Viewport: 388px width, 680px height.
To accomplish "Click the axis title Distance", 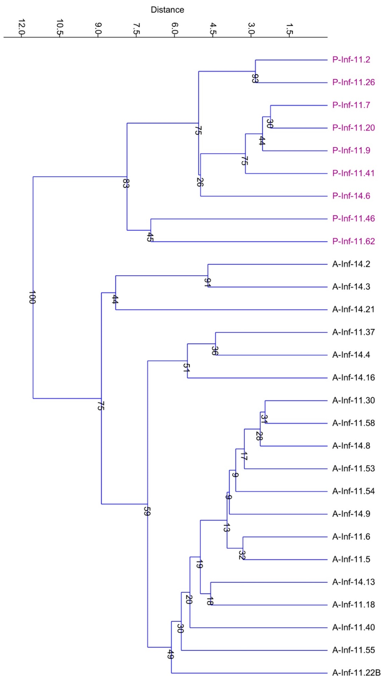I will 167,10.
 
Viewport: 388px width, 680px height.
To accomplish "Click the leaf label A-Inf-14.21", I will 353,310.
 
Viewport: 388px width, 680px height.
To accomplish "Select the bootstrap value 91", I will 207,282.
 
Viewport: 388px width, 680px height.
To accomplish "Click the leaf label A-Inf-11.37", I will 353,332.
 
